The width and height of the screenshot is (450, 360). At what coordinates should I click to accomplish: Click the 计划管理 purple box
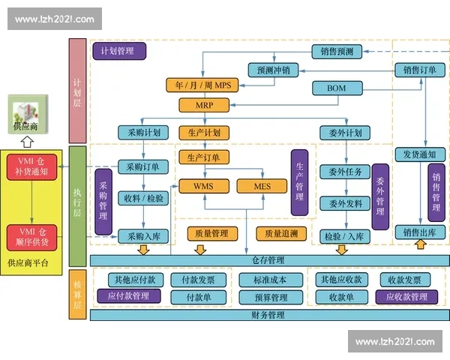[x=119, y=51]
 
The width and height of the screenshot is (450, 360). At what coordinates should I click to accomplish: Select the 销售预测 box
[x=337, y=52]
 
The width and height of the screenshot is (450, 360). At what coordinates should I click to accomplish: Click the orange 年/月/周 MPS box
[x=202, y=85]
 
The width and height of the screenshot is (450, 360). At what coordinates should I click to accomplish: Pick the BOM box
[x=337, y=88]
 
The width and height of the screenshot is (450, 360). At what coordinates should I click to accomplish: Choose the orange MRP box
[x=202, y=105]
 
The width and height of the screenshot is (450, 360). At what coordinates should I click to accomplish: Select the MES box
[x=261, y=185]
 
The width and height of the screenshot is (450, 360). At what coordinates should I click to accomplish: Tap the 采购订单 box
[x=142, y=166]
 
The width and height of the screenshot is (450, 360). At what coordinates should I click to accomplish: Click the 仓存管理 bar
[x=268, y=259]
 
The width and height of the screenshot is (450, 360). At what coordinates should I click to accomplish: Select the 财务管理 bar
[x=268, y=315]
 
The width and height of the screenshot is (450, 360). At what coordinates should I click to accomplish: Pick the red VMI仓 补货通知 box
[x=32, y=166]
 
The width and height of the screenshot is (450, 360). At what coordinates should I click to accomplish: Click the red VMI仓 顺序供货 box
[x=32, y=237]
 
